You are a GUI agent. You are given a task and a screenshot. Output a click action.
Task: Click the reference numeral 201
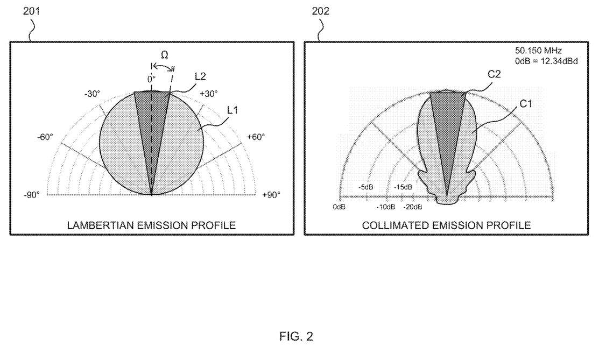(30, 11)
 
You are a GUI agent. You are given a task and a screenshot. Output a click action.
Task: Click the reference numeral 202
(321, 11)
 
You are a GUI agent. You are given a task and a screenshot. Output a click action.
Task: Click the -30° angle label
(91, 93)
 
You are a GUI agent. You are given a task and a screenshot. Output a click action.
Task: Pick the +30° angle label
(209, 93)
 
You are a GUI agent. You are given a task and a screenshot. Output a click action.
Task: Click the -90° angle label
(31, 195)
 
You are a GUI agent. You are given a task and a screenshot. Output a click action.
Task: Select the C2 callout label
(495, 75)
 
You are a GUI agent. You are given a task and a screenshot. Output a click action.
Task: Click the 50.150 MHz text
(538, 51)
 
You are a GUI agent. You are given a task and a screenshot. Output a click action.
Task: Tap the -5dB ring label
(366, 187)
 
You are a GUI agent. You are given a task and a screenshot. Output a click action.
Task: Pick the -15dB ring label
(404, 187)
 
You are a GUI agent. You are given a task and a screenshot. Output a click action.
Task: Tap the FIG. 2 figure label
(296, 337)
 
